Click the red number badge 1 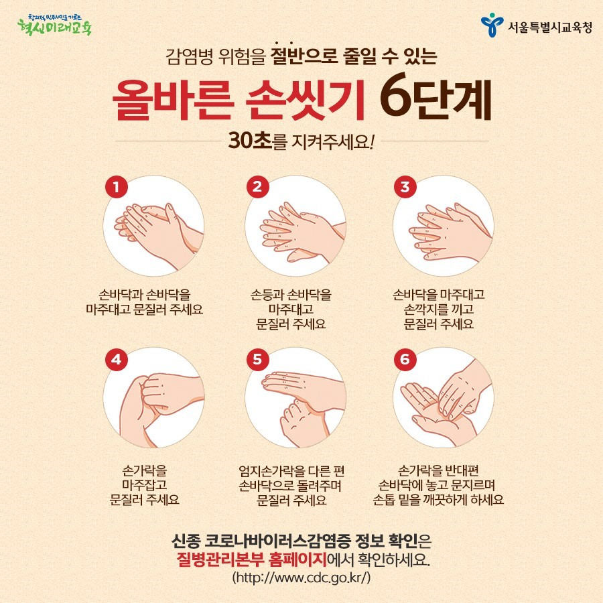tap(116, 187)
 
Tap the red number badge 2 tap(257, 187)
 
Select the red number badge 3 tap(405, 187)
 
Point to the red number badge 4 tap(116, 360)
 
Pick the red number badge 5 tap(257, 360)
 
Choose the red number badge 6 tap(405, 360)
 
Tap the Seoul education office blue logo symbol tap(492, 25)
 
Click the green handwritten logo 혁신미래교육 tap(55, 25)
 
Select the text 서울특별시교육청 tap(550, 27)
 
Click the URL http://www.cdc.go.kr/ tap(301, 578)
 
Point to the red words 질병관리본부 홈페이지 tap(251, 559)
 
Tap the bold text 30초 tap(250, 141)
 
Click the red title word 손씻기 tap(305, 100)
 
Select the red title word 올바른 tap(173, 100)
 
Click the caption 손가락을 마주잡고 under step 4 tap(145, 477)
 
